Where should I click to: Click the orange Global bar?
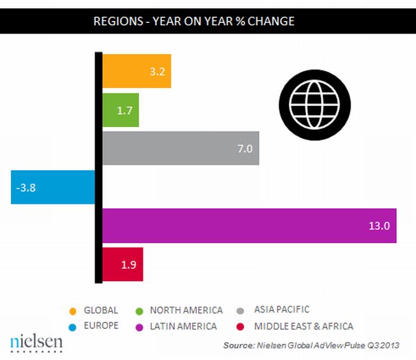click(x=137, y=71)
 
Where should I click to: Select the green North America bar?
click(x=120, y=110)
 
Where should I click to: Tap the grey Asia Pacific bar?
click(x=180, y=148)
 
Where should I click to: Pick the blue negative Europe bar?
click(x=53, y=187)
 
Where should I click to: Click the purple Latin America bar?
click(x=249, y=225)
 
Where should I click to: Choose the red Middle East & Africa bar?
click(x=123, y=264)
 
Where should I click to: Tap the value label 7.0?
click(x=245, y=149)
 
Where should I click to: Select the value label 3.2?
click(x=158, y=71)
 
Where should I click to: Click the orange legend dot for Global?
click(x=73, y=310)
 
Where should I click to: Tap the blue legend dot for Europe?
click(x=73, y=326)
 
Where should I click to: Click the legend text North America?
click(x=186, y=310)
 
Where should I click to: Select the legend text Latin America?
click(x=184, y=326)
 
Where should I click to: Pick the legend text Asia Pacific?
click(x=281, y=310)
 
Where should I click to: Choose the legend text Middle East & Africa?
click(x=303, y=326)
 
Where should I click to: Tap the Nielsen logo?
click(x=36, y=342)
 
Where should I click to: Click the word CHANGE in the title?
click(x=267, y=21)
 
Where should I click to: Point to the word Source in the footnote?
click(x=238, y=346)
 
